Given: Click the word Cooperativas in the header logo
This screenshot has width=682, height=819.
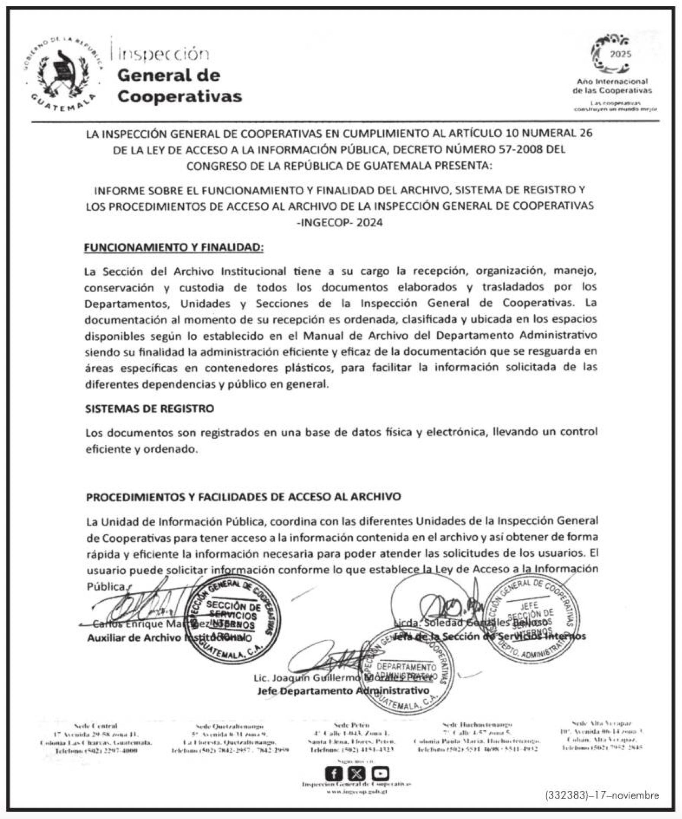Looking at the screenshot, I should click(x=180, y=96).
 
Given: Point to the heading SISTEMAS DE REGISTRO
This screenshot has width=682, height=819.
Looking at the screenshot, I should click(x=150, y=408).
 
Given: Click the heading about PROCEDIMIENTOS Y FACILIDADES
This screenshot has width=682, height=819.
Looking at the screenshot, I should click(x=243, y=497).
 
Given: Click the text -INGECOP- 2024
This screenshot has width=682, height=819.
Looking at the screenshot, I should click(x=339, y=223).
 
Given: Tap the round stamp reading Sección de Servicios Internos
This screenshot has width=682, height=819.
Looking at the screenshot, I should click(x=233, y=619).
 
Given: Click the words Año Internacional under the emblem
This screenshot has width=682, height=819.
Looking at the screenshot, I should click(x=612, y=82).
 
